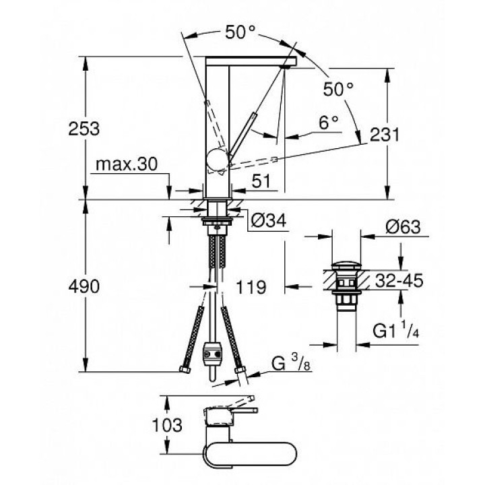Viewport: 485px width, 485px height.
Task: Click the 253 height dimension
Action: [x=84, y=127]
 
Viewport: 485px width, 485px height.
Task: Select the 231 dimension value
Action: [x=385, y=135]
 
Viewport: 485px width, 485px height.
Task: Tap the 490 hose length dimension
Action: [x=84, y=286]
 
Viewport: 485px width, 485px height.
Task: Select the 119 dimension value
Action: [x=251, y=286]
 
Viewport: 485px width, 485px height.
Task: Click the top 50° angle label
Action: [x=240, y=32]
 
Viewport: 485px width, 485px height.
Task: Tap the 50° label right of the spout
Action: [x=338, y=88]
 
